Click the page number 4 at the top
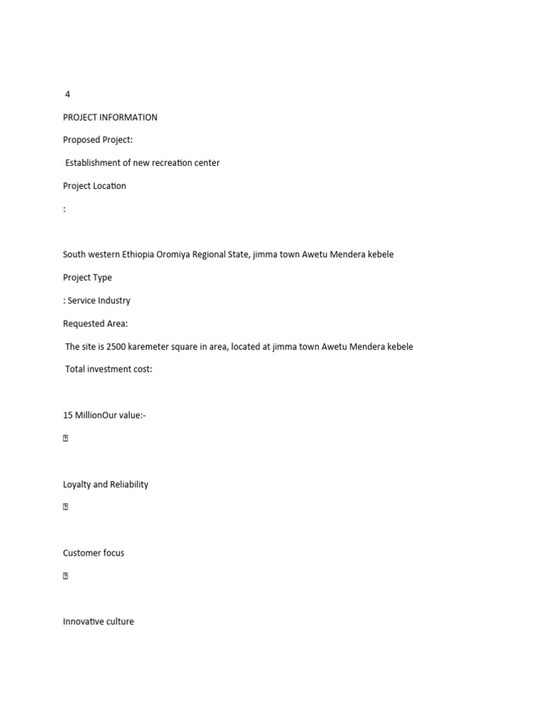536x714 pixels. (x=68, y=94)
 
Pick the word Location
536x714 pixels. (x=109, y=186)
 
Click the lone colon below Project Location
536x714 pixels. (x=64, y=209)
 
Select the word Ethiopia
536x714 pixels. (x=142, y=255)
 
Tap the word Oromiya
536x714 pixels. (x=181, y=255)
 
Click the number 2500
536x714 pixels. (x=117, y=347)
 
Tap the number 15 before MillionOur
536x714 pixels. (x=68, y=416)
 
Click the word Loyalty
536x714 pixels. (x=77, y=485)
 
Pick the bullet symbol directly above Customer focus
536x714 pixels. (x=66, y=508)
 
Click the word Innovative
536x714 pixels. (x=80, y=622)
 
